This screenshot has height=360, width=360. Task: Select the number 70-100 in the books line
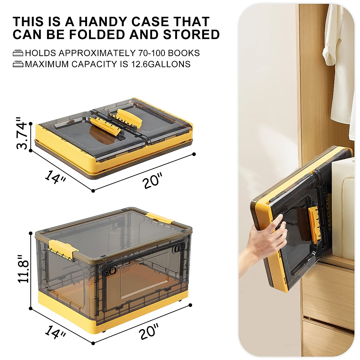point(151,53)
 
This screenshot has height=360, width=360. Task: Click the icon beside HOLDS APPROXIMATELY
point(18,53)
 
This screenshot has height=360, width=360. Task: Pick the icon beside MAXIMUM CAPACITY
point(18,64)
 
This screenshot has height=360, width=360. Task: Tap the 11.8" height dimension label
point(23,269)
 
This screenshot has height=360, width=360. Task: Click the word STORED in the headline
point(191,35)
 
